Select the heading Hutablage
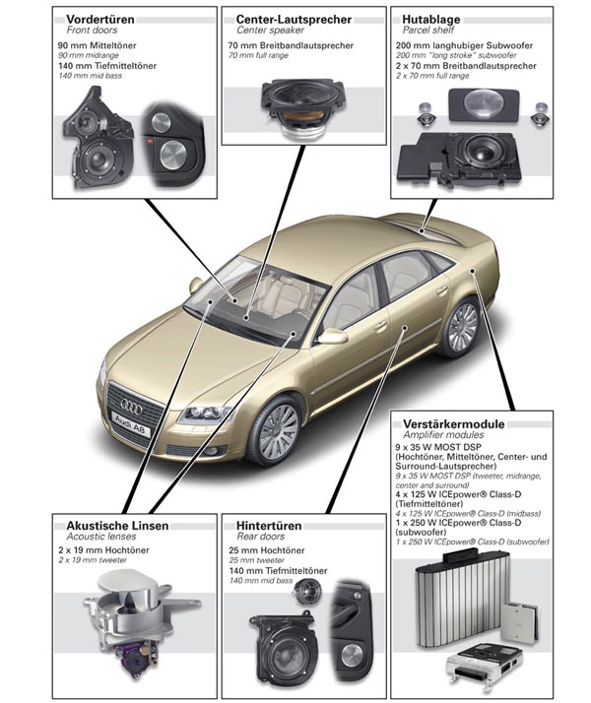(x=426, y=18)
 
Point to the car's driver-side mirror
(x=333, y=337)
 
